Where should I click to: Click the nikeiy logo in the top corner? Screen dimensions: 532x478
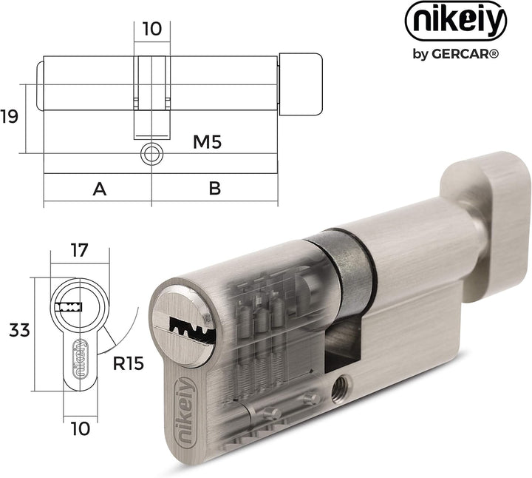tap(456, 21)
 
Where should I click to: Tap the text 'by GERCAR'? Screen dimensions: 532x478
tap(456, 54)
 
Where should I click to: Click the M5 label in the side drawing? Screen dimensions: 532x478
tap(207, 141)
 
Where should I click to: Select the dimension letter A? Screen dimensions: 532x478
tap(100, 189)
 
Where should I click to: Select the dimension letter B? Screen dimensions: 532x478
tap(215, 188)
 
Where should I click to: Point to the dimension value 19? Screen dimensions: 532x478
tap(9, 116)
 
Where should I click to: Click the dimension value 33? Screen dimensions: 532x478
tap(20, 330)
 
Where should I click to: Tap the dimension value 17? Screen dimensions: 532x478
tap(79, 250)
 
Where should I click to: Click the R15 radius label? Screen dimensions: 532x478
tap(129, 363)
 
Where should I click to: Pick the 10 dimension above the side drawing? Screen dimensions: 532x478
tap(152, 29)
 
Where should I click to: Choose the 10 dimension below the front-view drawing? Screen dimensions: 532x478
tap(81, 428)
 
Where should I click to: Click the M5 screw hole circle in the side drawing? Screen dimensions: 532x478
tap(151, 154)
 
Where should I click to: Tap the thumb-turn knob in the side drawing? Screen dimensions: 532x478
tap(300, 85)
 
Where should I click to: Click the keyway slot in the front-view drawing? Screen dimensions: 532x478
tap(69, 308)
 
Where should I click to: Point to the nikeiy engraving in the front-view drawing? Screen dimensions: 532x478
tap(81, 359)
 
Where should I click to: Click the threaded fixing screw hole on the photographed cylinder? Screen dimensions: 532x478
tap(341, 388)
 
